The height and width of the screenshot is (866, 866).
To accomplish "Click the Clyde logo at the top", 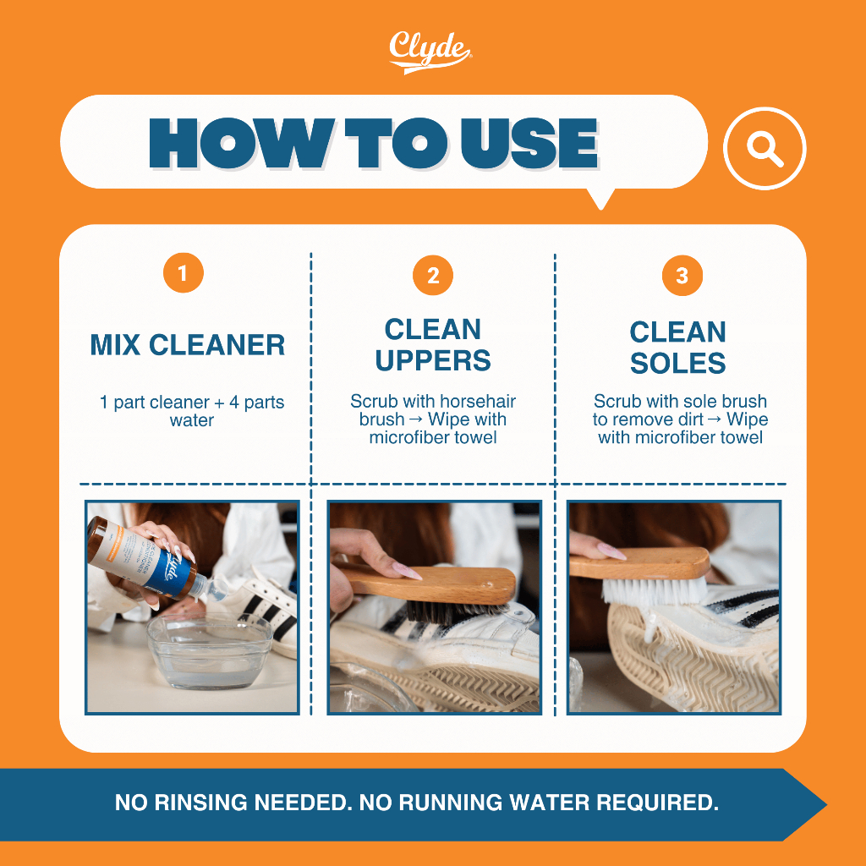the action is [430, 52].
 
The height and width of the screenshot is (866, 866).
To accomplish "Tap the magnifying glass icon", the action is [765, 149].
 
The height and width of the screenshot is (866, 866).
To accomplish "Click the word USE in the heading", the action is [529, 143].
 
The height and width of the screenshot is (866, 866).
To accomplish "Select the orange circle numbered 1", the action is [184, 273].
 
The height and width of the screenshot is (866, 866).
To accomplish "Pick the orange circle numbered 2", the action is [433, 275].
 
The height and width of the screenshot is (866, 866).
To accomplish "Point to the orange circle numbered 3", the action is [682, 275].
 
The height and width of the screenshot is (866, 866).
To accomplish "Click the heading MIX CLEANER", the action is [188, 345].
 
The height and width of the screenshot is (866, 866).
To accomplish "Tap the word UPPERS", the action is [433, 360].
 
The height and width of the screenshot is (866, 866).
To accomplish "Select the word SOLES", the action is [677, 364].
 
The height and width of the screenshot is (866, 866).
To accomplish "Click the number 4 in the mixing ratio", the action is [233, 402].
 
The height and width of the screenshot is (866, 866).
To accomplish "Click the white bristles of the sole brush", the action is [655, 591].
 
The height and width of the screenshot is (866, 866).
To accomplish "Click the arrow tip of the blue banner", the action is [825, 805].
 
